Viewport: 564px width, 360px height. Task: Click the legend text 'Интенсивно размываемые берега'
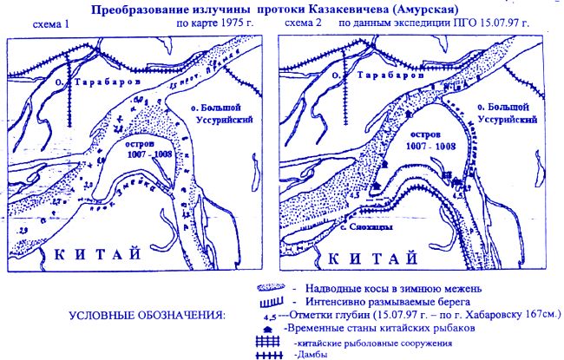point(377,300)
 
